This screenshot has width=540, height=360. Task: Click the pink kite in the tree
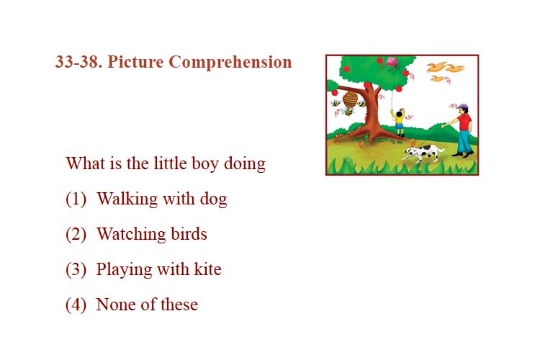pyautogui.click(x=392, y=63)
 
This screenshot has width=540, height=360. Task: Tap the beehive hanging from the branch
pyautogui.click(x=350, y=99)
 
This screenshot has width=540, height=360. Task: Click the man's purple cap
pyautogui.click(x=462, y=106)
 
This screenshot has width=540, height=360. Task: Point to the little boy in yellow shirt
pyautogui.click(x=399, y=122)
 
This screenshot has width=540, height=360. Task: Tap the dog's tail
pyautogui.click(x=441, y=149)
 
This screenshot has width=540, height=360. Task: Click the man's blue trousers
pyautogui.click(x=464, y=141)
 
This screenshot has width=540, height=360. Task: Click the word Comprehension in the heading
pyautogui.click(x=230, y=63)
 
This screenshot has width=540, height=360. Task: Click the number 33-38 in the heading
pyautogui.click(x=78, y=62)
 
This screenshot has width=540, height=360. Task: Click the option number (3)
pyautogui.click(x=76, y=269)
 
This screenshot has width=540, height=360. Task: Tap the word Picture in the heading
pyautogui.click(x=135, y=62)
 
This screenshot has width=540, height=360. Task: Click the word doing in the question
pyautogui.click(x=245, y=163)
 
